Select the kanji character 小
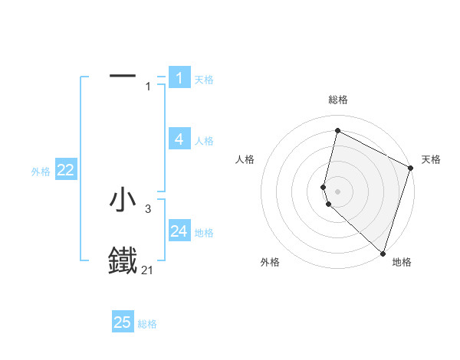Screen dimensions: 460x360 coord(123,200)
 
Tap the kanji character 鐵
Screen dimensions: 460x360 coord(123,260)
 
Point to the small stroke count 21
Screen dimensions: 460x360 coord(148,270)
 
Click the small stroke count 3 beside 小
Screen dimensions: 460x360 coord(148,208)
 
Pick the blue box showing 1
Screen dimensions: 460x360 coord(179,77)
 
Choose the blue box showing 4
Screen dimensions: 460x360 coord(179,139)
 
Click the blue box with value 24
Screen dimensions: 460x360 coord(179,231)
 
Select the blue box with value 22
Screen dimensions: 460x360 coord(66,170)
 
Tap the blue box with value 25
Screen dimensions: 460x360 coord(123,322)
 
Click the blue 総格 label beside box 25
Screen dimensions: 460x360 coord(147,324)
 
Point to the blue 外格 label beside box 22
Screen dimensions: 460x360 coord(41,172)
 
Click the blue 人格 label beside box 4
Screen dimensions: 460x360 coord(204,141)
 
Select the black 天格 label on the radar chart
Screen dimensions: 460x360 coord(431,159)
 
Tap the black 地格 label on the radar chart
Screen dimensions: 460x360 coord(402,262)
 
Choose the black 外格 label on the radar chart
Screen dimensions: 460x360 coord(270,262)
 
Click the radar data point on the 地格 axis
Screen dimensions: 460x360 coord(383,254)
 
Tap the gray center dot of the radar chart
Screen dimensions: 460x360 coord(337,191)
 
